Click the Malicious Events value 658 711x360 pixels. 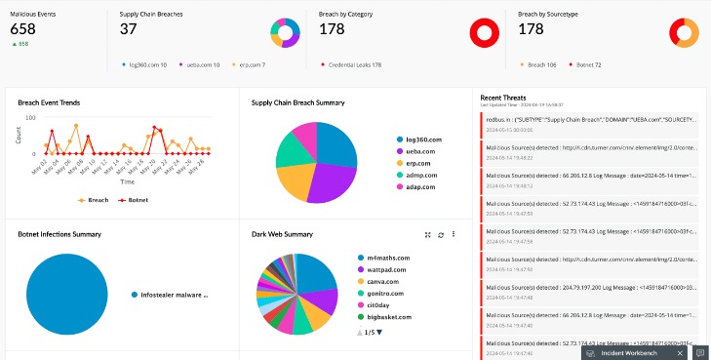(x=22, y=29)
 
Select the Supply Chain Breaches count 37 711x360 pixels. (x=128, y=29)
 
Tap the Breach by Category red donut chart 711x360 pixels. (x=484, y=33)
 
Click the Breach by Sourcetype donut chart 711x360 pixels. (x=683, y=33)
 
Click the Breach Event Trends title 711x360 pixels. (x=49, y=102)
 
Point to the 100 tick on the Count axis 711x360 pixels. (x=30, y=118)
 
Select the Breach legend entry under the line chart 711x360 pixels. (x=95, y=199)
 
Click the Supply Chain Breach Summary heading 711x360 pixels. (x=297, y=102)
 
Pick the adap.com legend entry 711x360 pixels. (x=421, y=186)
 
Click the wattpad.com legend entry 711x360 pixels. (x=387, y=268)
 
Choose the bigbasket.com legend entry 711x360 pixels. (x=390, y=316)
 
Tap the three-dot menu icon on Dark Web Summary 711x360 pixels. (x=454, y=234)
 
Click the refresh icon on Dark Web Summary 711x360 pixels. (x=441, y=234)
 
